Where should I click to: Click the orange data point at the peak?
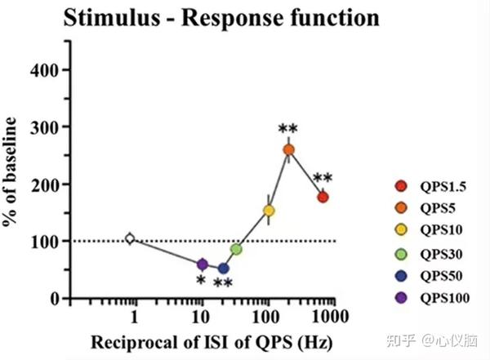[x=288, y=149]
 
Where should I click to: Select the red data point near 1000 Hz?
[x=323, y=197]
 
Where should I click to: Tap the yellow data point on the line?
[x=269, y=211]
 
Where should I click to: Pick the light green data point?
[x=236, y=249]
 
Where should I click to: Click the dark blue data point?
[x=223, y=268]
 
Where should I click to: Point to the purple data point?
[x=203, y=264]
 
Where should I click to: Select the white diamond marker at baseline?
[x=129, y=238]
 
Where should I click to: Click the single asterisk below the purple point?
[x=200, y=281]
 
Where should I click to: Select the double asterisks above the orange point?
[x=287, y=129]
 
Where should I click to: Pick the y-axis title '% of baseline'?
[x=11, y=172]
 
